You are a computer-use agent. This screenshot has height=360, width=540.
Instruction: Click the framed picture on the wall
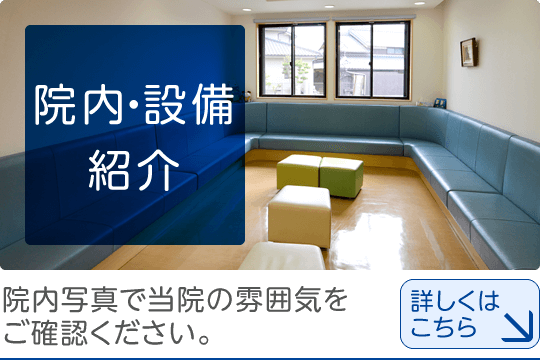pyautogui.click(x=468, y=52)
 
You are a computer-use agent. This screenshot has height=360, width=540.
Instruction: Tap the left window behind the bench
pyautogui.click(x=291, y=60)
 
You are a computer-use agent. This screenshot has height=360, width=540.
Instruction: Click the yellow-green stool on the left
pyautogui.click(x=299, y=170)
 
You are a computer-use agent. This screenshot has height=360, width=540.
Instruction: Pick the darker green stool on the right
pyautogui.click(x=341, y=176)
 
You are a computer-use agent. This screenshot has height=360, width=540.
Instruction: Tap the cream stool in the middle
pyautogui.click(x=299, y=212)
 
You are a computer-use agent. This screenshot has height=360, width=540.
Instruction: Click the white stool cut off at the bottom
pyautogui.click(x=282, y=257)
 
